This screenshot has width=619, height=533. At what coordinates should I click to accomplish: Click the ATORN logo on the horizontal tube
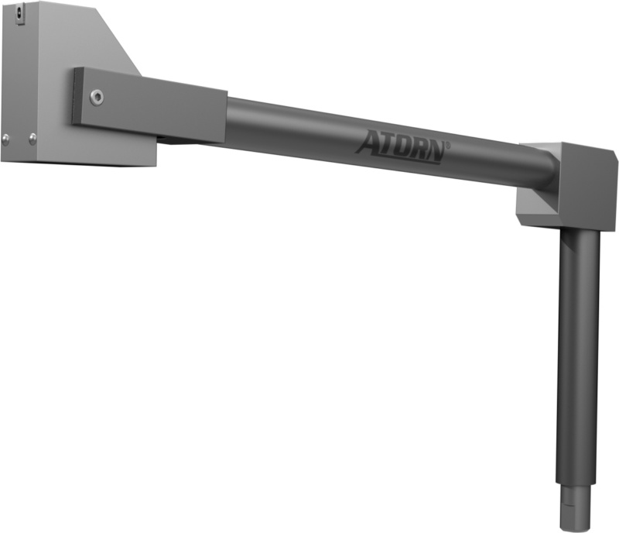(x=402, y=147)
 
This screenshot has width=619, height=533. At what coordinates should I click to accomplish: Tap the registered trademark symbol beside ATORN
(x=448, y=145)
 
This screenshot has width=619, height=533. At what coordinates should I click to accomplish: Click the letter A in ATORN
(x=367, y=142)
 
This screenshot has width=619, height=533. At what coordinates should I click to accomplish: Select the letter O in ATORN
(x=400, y=147)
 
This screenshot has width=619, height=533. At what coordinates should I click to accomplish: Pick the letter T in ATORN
(x=385, y=144)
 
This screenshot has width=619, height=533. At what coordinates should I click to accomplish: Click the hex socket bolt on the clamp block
(x=97, y=97)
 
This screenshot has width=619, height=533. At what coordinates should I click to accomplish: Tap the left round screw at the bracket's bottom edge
(x=5, y=139)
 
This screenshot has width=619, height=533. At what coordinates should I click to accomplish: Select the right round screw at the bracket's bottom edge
(x=32, y=139)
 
